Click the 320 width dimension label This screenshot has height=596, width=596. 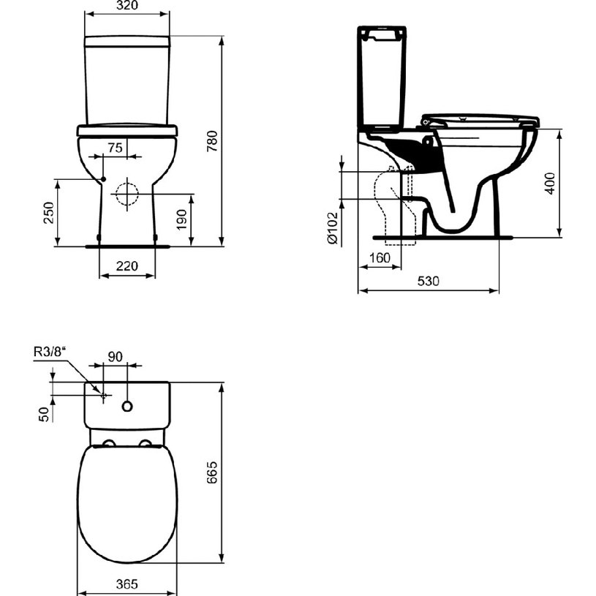point(127,5)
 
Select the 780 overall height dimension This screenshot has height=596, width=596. point(212,141)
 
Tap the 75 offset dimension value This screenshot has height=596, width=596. point(115,148)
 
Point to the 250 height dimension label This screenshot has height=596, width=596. point(49,213)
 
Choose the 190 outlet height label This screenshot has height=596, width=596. point(181,219)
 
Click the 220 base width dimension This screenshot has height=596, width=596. point(127,265)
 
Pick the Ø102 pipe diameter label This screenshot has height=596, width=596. point(332,227)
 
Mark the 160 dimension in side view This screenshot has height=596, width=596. point(380,257)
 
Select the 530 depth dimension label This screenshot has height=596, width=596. point(428,281)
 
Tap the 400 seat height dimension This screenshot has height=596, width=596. point(550,184)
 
